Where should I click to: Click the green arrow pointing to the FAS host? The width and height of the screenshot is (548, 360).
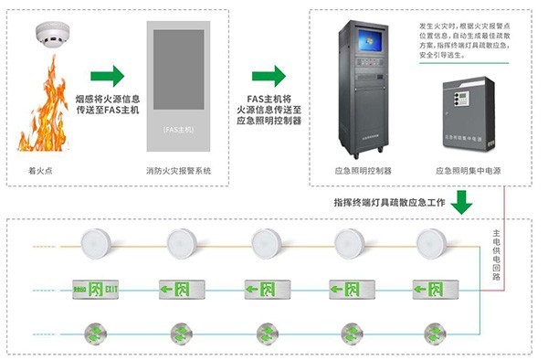tap(108, 75)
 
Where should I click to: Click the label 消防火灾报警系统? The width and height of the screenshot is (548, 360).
tap(180, 171)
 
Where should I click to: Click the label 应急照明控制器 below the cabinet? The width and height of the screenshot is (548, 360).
tap(363, 171)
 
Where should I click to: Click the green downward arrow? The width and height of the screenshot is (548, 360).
tap(463, 200)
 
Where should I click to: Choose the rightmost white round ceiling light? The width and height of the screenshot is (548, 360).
tap(430, 243)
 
